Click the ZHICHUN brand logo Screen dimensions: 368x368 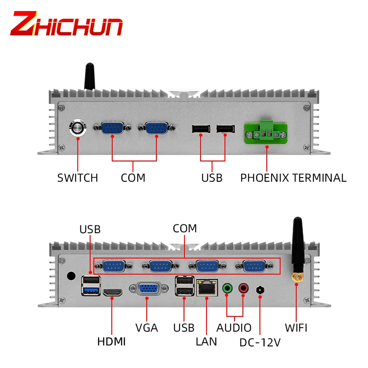67,24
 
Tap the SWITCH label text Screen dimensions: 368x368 77,178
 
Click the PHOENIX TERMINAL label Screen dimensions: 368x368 293,178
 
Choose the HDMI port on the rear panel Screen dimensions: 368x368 112,292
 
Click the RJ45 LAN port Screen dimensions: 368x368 206,288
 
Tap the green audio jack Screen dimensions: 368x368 227,288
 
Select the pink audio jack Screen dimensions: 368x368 243,288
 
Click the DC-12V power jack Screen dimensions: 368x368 260,290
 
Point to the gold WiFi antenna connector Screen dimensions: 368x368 297,277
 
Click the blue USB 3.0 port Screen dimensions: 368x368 91,290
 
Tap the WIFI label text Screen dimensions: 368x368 296,328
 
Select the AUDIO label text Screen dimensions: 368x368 234,328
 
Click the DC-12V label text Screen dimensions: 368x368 260,343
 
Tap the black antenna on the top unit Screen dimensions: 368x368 89,77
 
